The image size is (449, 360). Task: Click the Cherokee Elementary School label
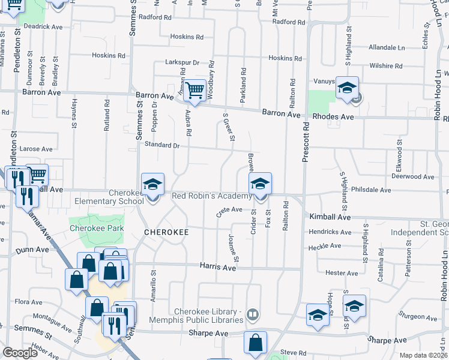click(126, 197)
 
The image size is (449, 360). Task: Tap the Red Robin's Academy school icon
click(260, 183)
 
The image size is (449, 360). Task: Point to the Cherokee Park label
click(89, 229)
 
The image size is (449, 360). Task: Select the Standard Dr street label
click(160, 145)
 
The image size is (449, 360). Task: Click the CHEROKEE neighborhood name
click(166, 232)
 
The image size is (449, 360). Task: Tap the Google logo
click(20, 353)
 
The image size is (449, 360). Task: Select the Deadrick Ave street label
click(44, 27)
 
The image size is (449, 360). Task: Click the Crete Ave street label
click(229, 210)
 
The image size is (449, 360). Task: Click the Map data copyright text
click(422, 355)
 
